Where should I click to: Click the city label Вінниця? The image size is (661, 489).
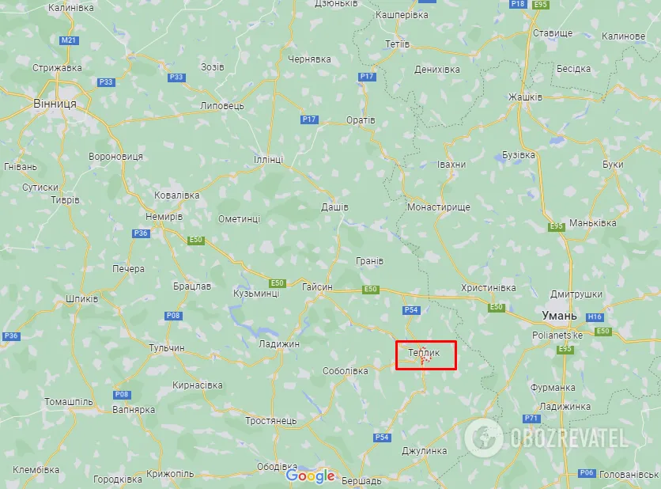(55, 104)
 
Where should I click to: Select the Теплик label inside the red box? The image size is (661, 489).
(424, 352)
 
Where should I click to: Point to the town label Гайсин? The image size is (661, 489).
(317, 286)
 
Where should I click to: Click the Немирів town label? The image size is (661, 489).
(164, 216)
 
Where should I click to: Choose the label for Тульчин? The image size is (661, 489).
(167, 347)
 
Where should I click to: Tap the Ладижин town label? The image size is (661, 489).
(279, 343)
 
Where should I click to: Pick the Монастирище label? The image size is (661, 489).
(439, 207)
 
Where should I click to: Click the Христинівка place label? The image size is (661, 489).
(488, 288)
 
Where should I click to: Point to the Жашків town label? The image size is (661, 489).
(525, 97)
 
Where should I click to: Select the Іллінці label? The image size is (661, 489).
(268, 159)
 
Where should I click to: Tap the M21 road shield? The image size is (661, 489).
(70, 40)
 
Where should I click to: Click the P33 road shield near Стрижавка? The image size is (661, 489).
(106, 81)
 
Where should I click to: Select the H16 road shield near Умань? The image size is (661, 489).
(595, 317)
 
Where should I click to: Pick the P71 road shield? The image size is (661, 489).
(531, 418)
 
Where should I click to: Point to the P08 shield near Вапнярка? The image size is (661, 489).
(122, 394)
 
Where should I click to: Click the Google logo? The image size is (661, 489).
(311, 476)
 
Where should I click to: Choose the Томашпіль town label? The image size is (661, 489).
(69, 401)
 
